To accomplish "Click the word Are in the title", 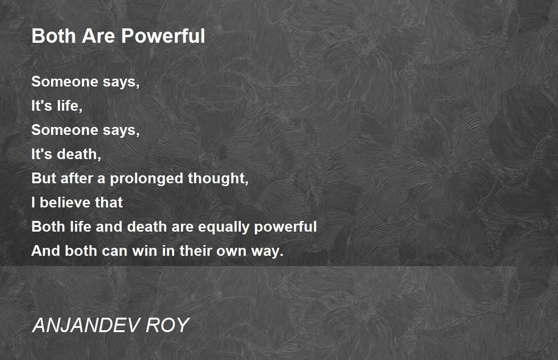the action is (99, 36).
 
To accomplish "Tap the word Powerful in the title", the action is (163, 36).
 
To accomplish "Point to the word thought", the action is (218, 179).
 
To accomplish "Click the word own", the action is (231, 251).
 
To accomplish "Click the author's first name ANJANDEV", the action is (86, 325).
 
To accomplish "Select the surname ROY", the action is (167, 325).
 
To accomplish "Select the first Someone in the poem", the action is (65, 82).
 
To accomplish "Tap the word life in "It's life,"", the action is (69, 106).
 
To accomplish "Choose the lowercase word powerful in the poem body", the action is (286, 227).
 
